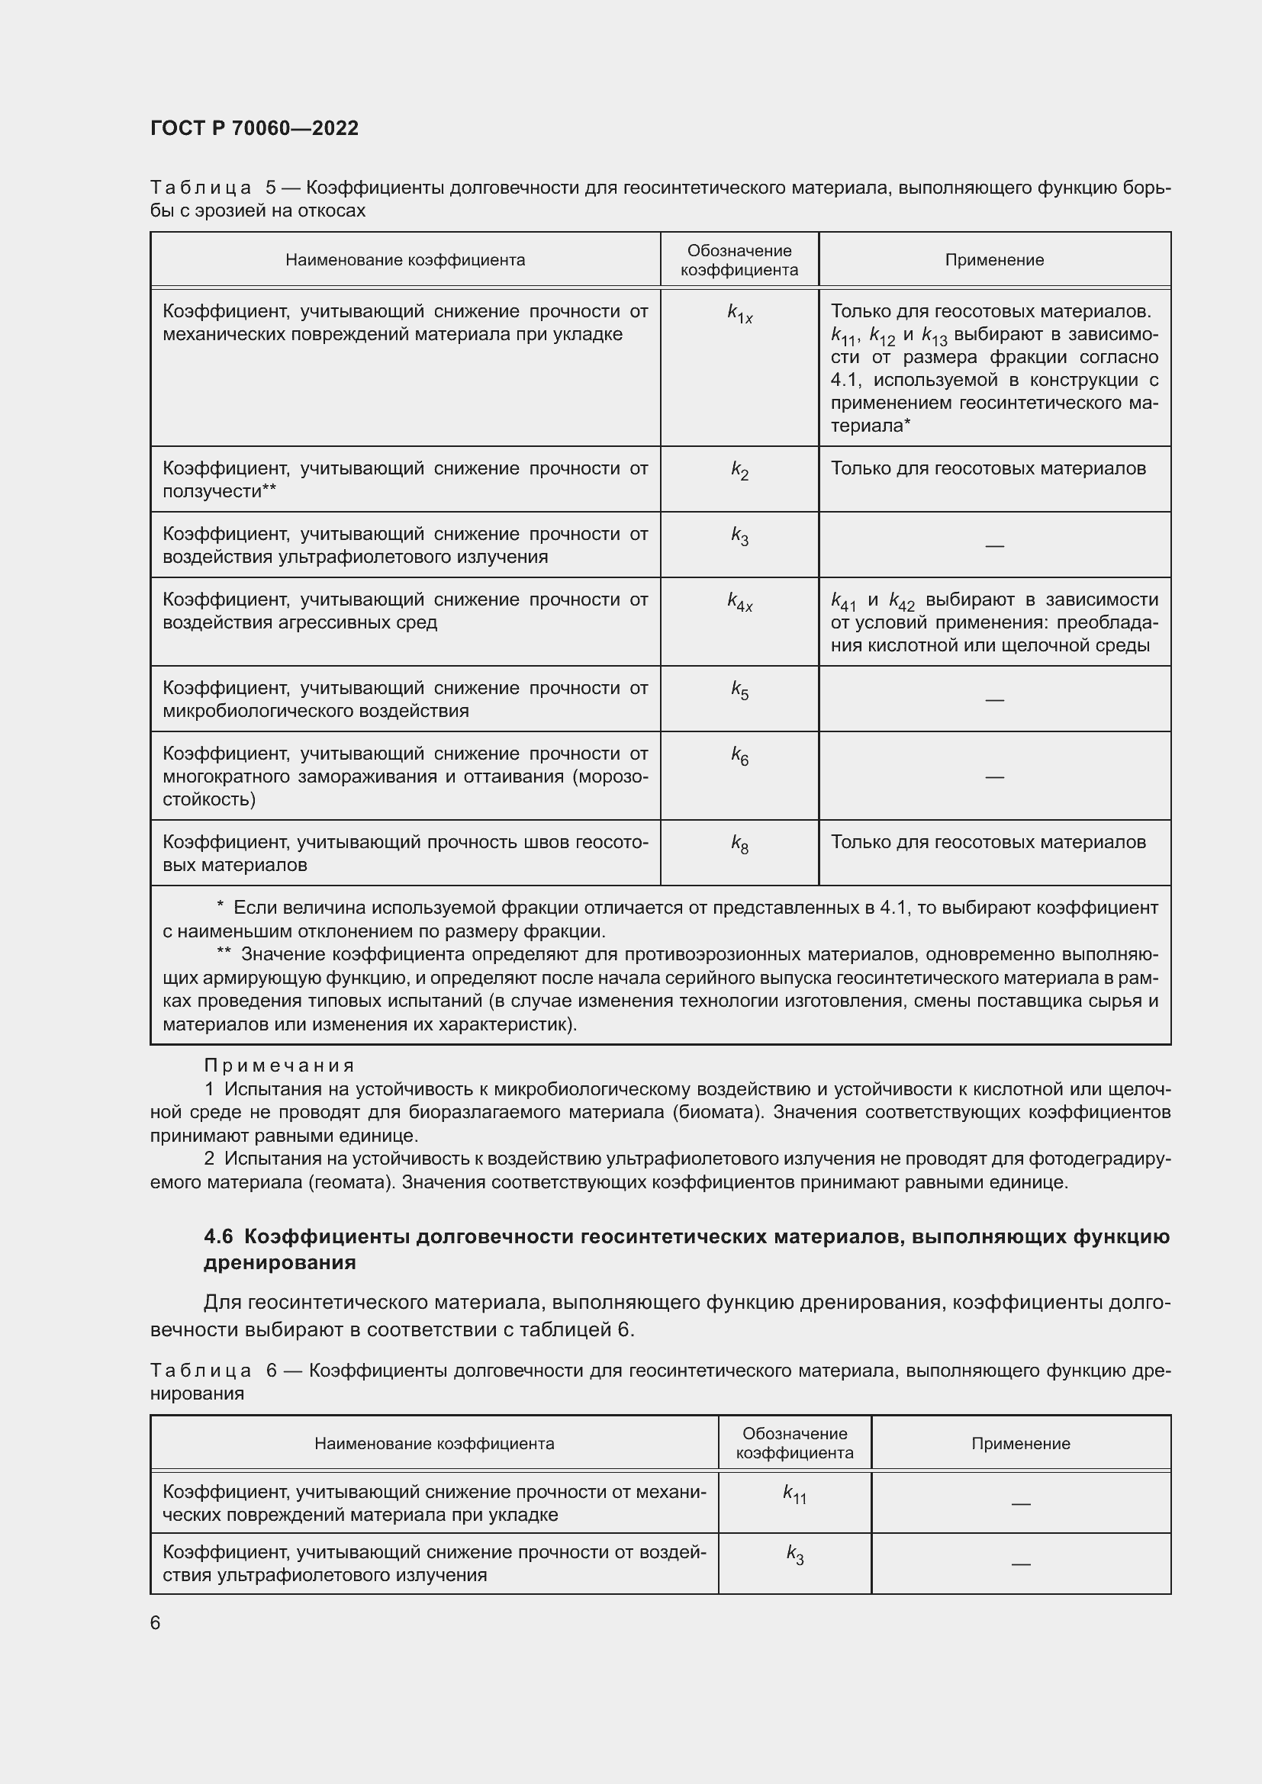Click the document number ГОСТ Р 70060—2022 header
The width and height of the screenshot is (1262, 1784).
click(x=254, y=128)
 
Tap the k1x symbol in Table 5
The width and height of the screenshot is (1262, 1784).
click(x=739, y=314)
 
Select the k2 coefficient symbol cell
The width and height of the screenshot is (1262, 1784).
click(x=739, y=471)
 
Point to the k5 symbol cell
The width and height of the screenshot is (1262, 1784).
click(x=739, y=690)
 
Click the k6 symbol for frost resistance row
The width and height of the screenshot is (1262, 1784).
click(x=739, y=756)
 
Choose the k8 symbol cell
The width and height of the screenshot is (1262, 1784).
click(x=739, y=844)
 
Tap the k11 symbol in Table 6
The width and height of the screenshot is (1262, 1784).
click(x=794, y=1493)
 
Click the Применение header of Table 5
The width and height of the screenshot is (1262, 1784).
click(x=994, y=260)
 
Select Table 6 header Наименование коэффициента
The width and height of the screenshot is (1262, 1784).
click(x=433, y=1444)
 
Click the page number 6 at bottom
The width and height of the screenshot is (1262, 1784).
click(x=156, y=1622)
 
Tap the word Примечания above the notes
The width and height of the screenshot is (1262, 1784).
click(x=279, y=1066)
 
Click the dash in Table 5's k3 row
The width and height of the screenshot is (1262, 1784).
click(x=994, y=546)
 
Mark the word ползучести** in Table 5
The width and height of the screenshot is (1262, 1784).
click(x=219, y=492)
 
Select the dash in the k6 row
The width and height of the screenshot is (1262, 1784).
click(x=994, y=777)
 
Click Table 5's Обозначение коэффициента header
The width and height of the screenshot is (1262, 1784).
click(x=739, y=260)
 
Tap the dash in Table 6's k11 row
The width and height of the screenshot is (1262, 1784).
click(x=1020, y=1504)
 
